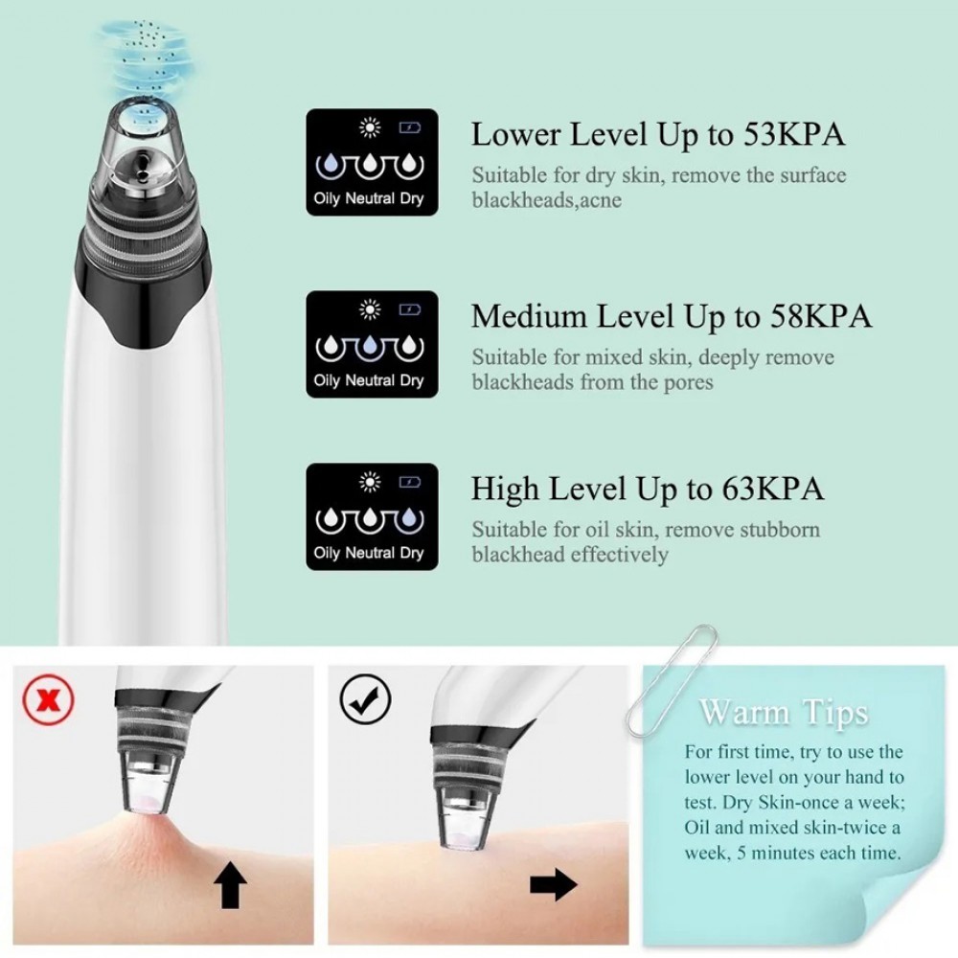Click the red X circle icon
point(48,700)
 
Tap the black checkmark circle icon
point(365,699)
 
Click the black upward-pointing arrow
point(230,884)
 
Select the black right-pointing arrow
point(553,884)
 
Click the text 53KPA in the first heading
point(794,134)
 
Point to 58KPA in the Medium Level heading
point(821,316)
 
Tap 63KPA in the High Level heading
point(773,489)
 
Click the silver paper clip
point(670,681)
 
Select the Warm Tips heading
point(784,713)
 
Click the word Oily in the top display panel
point(327,199)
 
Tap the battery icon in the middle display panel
point(409,309)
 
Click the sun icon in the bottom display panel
point(370,482)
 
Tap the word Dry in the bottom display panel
point(412,554)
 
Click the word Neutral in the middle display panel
point(370,380)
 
